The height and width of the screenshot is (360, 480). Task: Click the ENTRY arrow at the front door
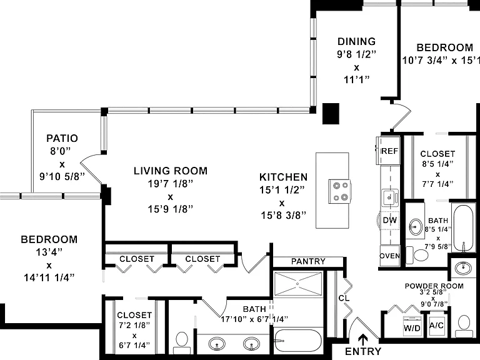click(x=363, y=339)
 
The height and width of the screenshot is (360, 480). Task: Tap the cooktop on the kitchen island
click(x=340, y=191)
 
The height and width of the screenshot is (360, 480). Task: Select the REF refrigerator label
click(x=390, y=151)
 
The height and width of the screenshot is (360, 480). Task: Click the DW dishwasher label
click(x=390, y=220)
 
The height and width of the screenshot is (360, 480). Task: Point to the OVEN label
click(x=390, y=256)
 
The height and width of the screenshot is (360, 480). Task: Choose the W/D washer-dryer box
click(x=412, y=326)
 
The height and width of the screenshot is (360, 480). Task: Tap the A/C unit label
click(x=436, y=326)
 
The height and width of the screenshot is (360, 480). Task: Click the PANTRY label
click(x=308, y=261)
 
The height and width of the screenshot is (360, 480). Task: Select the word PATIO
click(x=62, y=138)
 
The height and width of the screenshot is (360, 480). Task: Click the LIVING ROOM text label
click(x=171, y=171)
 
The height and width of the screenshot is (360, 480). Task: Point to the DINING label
click(x=357, y=41)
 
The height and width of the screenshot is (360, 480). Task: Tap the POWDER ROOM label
click(x=434, y=286)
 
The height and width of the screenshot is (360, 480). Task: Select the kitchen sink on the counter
click(x=390, y=197)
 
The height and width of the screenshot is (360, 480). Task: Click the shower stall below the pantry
click(x=298, y=284)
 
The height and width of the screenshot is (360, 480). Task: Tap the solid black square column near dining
click(x=331, y=114)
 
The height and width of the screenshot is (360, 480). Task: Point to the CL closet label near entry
click(x=344, y=298)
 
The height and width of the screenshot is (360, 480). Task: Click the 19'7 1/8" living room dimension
click(x=171, y=184)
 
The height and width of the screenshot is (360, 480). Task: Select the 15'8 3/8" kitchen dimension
click(x=283, y=216)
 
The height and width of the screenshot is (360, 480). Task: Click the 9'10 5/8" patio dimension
click(x=62, y=177)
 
